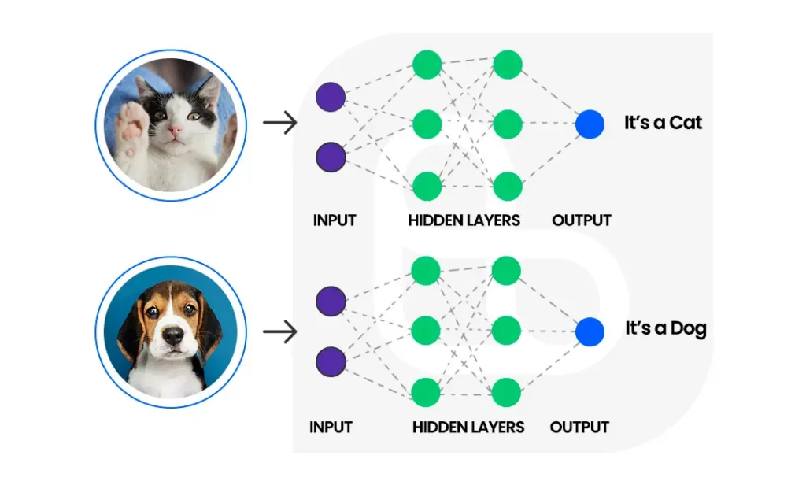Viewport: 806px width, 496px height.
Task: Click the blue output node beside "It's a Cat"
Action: (590, 124)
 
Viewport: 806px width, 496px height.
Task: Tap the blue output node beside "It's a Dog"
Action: (590, 332)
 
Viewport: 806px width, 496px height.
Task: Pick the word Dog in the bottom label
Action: (687, 328)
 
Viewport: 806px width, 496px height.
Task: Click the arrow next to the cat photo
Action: (279, 123)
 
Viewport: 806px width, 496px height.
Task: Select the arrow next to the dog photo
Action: (279, 332)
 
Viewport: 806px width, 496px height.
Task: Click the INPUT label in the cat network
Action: (335, 220)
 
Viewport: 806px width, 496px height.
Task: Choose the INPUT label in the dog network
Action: (331, 428)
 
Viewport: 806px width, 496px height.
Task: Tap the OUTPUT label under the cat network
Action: (582, 220)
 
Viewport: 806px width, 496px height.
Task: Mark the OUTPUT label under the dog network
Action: (579, 428)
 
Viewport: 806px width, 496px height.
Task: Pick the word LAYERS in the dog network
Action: (496, 428)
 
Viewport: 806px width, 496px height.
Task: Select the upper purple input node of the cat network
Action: (331, 97)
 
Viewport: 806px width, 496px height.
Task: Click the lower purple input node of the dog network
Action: (331, 362)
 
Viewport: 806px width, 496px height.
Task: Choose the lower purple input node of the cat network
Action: (331, 157)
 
